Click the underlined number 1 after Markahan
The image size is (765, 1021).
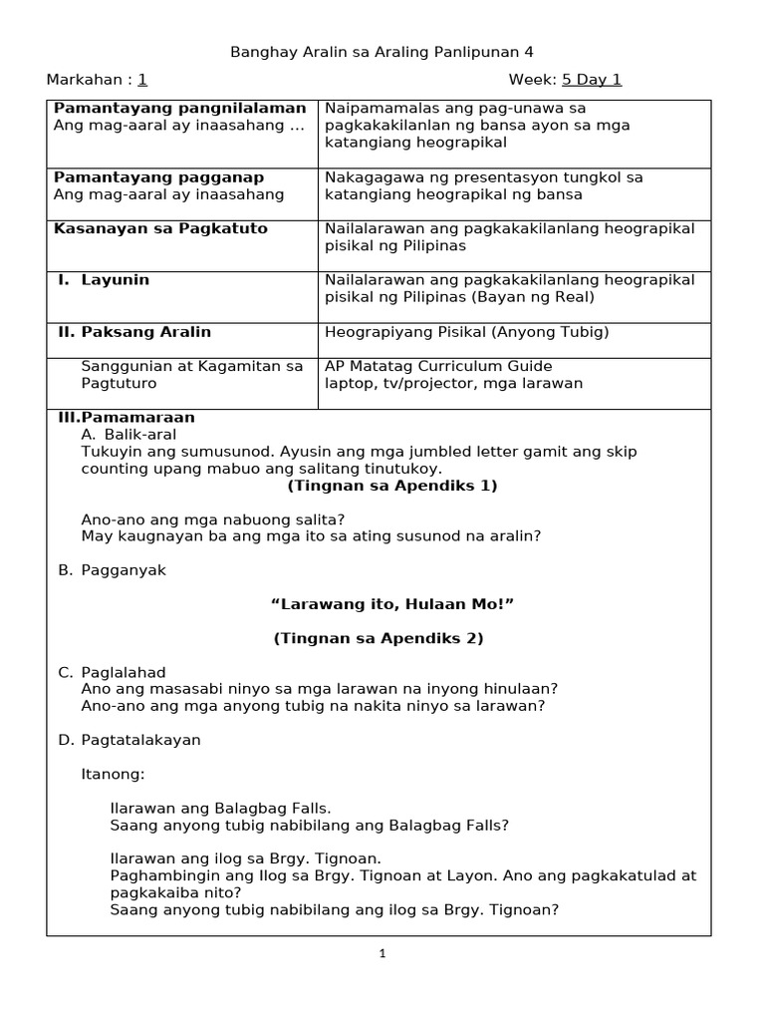(142, 80)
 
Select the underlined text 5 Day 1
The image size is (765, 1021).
(592, 80)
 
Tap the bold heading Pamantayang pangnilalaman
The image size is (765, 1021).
(179, 108)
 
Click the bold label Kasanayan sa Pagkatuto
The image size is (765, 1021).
(160, 228)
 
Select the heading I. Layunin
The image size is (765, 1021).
(104, 280)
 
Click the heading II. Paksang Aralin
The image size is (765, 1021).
(132, 332)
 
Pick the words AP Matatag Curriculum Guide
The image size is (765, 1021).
(438, 366)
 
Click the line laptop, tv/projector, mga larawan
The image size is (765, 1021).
(453, 383)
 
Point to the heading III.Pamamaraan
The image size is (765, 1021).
(125, 417)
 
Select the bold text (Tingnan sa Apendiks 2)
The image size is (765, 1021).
(379, 638)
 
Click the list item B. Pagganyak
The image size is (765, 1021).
(113, 570)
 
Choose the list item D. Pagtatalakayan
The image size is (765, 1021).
(129, 740)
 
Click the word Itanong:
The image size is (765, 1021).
(113, 774)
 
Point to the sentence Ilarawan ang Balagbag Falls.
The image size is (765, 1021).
(220, 808)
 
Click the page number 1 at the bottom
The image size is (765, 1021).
(382, 954)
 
